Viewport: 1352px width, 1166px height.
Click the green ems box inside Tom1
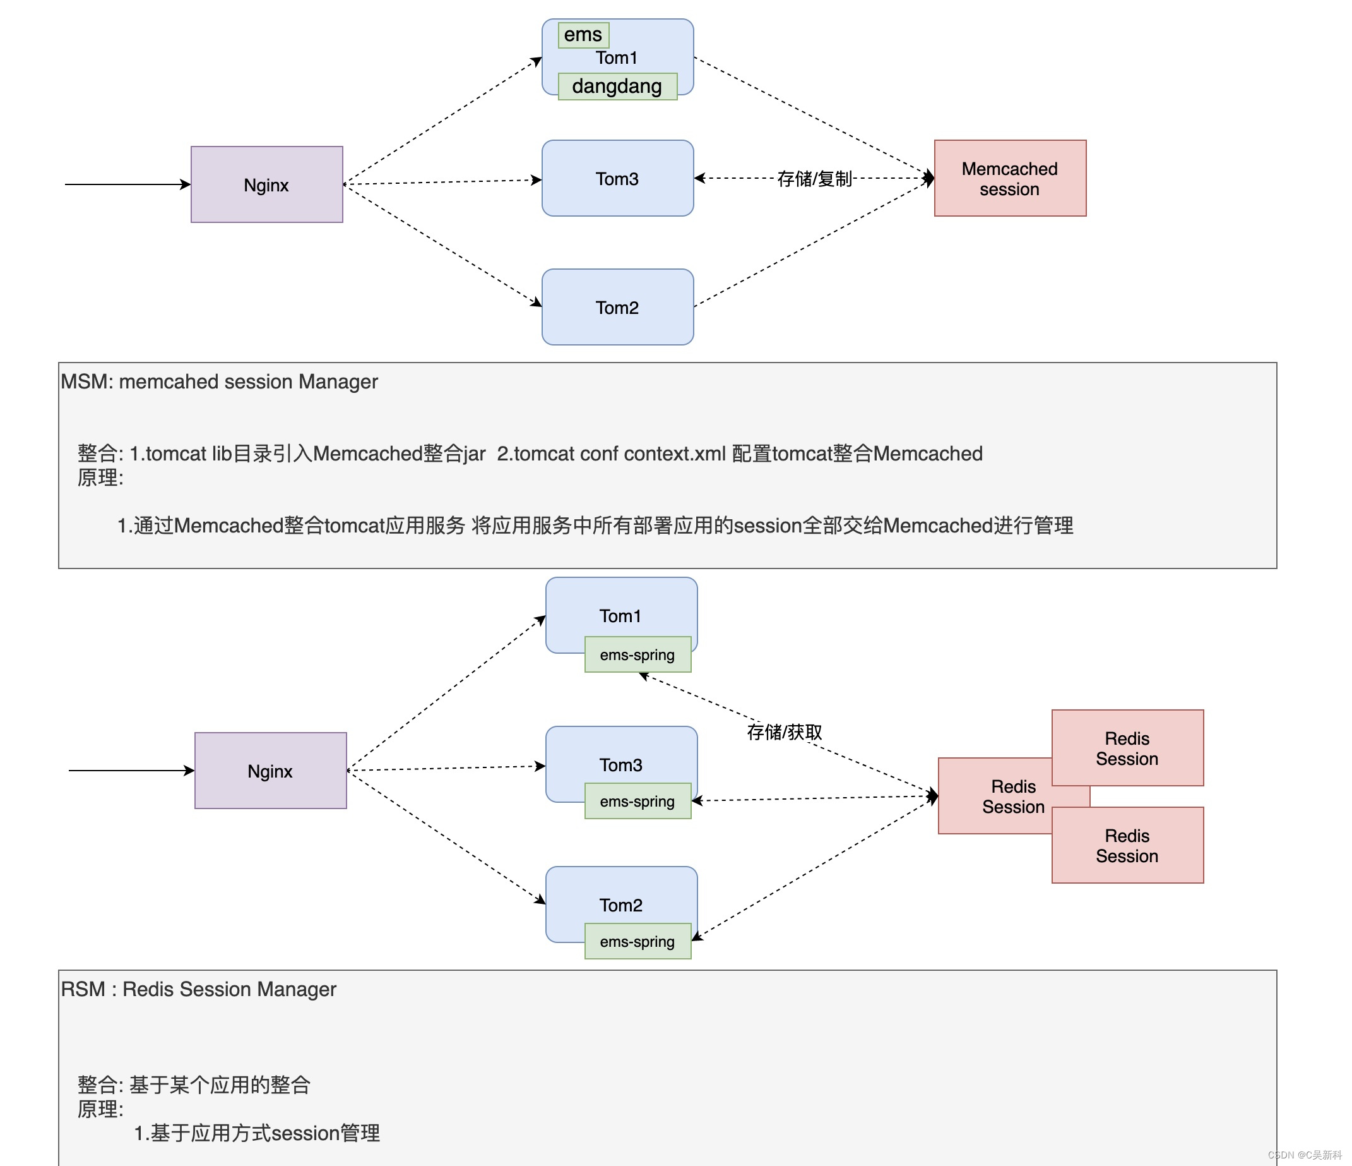[x=583, y=35]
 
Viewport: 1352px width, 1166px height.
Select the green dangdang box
[x=617, y=86]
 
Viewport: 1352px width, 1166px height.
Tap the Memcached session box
[x=1009, y=178]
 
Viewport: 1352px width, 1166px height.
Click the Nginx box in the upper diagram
[x=266, y=185]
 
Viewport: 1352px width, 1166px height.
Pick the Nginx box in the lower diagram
[x=270, y=771]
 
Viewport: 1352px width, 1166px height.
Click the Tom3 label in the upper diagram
[x=617, y=179]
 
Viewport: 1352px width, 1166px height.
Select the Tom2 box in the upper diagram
[x=617, y=307]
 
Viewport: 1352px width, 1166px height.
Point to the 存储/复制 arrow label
[x=814, y=178]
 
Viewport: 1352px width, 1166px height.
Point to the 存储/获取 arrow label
[x=785, y=732]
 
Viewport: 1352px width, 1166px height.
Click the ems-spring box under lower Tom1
[x=637, y=655]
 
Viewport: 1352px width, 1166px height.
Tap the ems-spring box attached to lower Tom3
[x=637, y=801]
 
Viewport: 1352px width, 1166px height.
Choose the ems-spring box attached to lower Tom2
[x=637, y=941]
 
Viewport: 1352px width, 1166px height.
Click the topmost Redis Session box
[x=1127, y=748]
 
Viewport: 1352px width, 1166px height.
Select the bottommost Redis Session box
[x=1127, y=846]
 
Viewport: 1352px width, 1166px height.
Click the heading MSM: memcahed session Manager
[x=219, y=382]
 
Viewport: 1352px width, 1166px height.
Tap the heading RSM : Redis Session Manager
[x=198, y=989]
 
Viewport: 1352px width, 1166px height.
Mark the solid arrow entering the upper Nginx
[x=127, y=184]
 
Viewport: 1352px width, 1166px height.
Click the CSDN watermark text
[x=1305, y=1155]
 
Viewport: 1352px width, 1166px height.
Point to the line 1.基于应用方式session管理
[x=256, y=1133]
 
